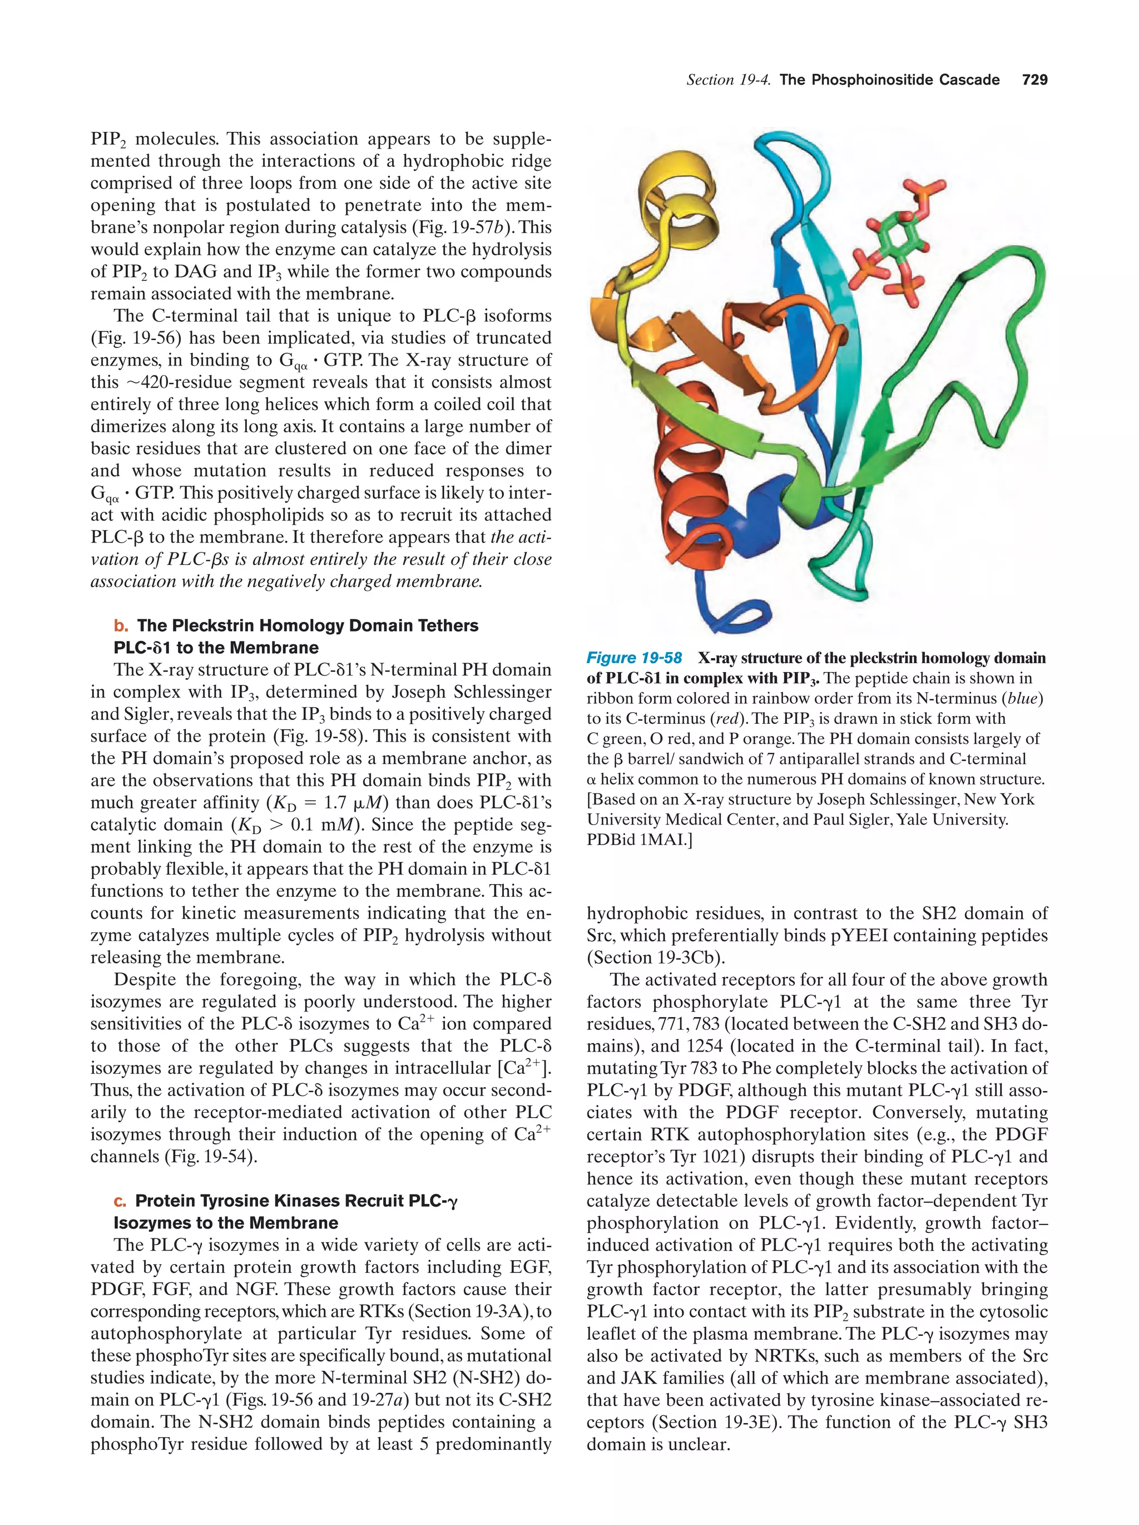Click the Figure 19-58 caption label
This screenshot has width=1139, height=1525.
click(633, 658)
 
